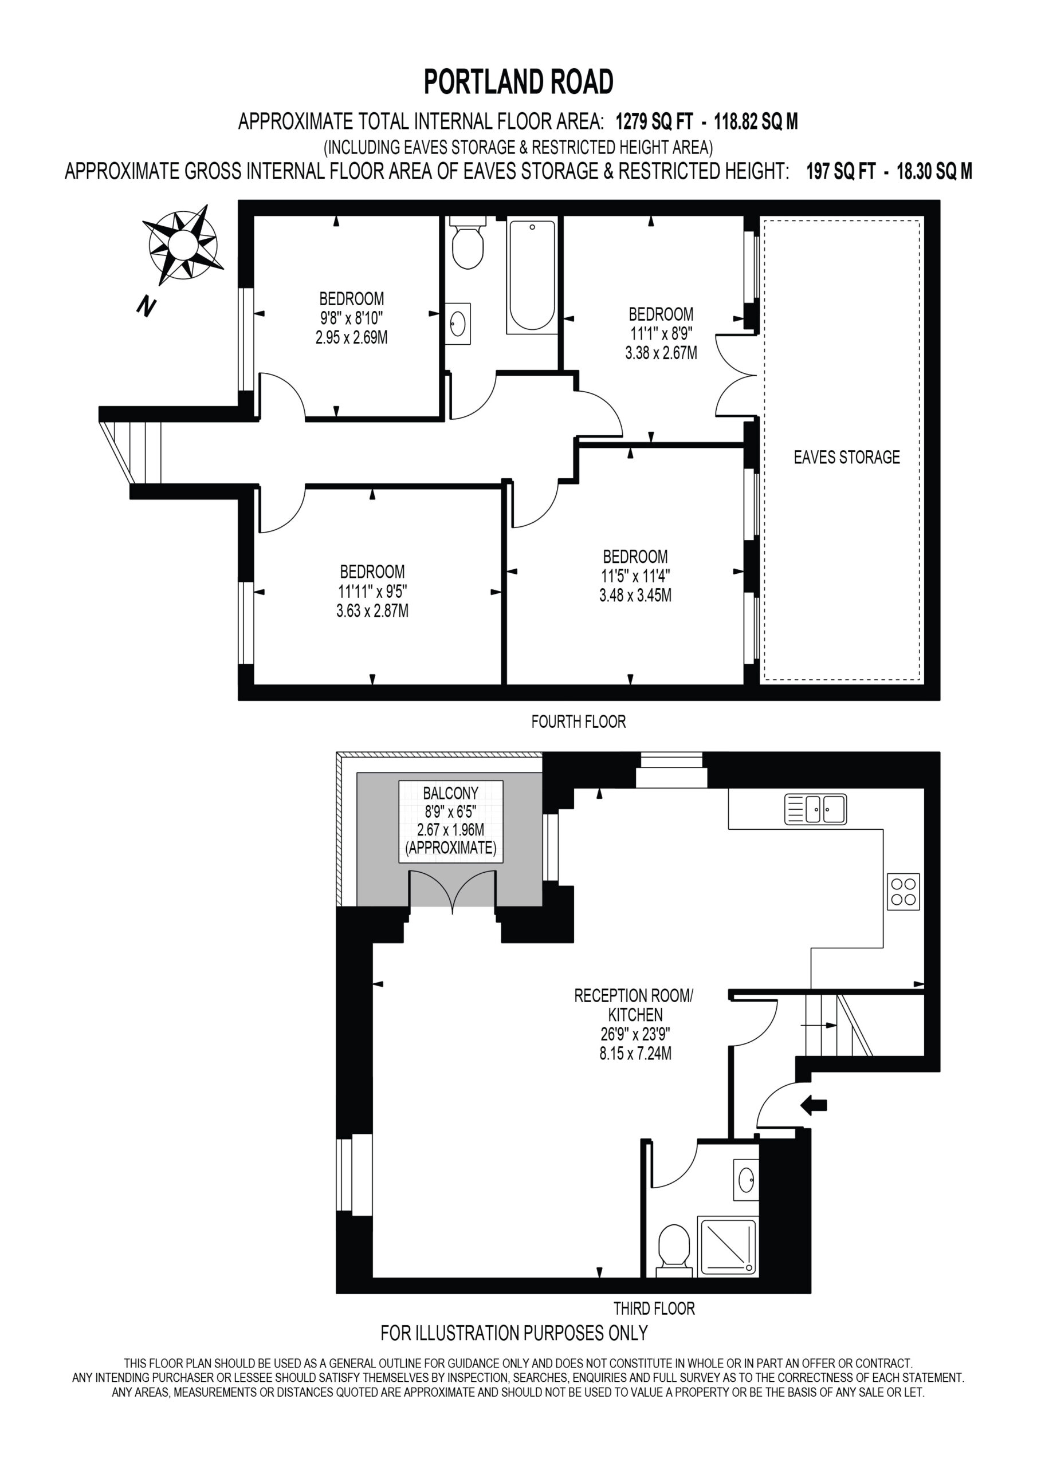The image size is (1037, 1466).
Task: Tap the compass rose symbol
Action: coord(183,245)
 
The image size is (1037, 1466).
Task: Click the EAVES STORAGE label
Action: coord(847,456)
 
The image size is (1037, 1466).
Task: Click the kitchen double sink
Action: coord(815,809)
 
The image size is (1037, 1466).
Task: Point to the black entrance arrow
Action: coord(814,1105)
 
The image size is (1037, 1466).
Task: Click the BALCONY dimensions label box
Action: coord(450,821)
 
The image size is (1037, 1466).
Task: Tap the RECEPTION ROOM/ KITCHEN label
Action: coord(634,1005)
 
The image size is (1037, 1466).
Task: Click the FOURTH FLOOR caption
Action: coord(578,722)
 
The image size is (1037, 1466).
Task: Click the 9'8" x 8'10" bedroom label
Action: coord(351,317)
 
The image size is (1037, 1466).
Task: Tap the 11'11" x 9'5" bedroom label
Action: coord(372,591)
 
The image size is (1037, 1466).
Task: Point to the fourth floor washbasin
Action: coord(458,323)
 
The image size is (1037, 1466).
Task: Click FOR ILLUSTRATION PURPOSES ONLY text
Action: coord(514,1333)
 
